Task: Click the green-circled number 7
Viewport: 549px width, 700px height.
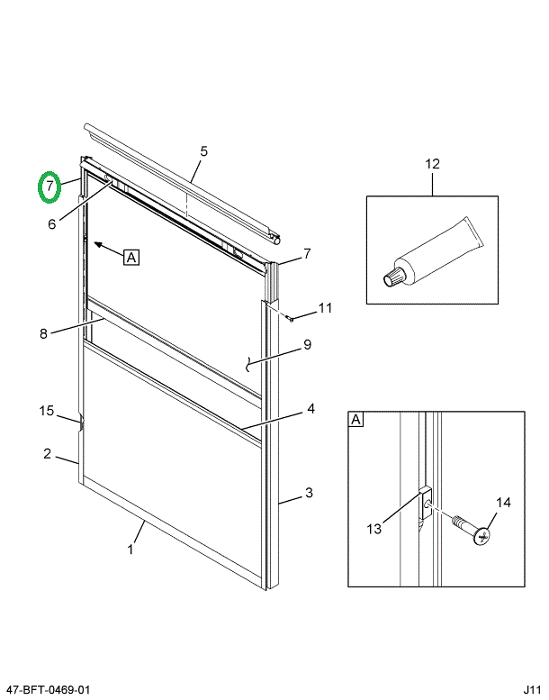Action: pos(49,186)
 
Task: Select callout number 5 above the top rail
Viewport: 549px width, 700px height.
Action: pos(203,150)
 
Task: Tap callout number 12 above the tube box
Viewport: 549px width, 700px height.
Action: pos(432,164)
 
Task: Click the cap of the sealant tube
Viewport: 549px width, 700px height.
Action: pos(393,277)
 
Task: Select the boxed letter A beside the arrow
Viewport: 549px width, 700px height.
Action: pos(131,257)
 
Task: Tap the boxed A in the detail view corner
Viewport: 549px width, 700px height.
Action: pos(356,420)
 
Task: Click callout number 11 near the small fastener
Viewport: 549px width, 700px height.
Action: pos(325,308)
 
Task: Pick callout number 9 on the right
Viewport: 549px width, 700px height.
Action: pos(306,343)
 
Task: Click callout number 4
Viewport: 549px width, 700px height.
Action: pos(310,408)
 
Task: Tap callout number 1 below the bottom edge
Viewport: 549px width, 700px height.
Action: pos(130,550)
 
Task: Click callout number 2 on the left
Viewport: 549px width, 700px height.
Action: pos(47,453)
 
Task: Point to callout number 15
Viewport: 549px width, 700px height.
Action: pos(47,411)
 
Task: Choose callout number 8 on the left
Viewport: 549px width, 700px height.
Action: pos(43,334)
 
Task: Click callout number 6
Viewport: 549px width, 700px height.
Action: pos(52,223)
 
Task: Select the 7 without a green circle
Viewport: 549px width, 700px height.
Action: pos(306,252)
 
